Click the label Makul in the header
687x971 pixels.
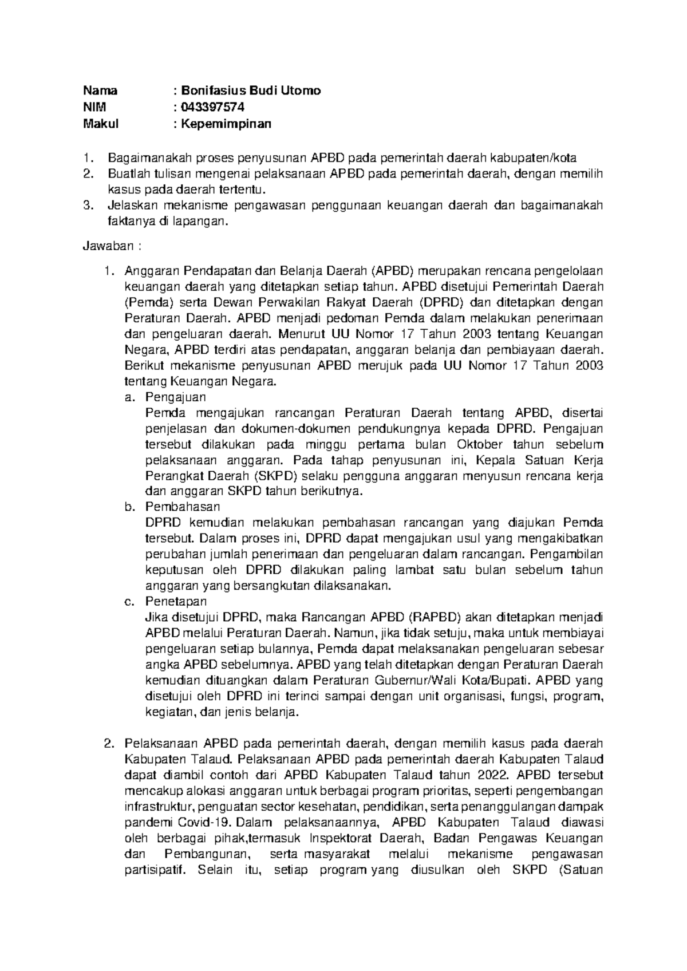click(101, 124)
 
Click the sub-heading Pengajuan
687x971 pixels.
click(175, 397)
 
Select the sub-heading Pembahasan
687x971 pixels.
click(183, 507)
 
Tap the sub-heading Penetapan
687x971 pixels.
click(176, 602)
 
